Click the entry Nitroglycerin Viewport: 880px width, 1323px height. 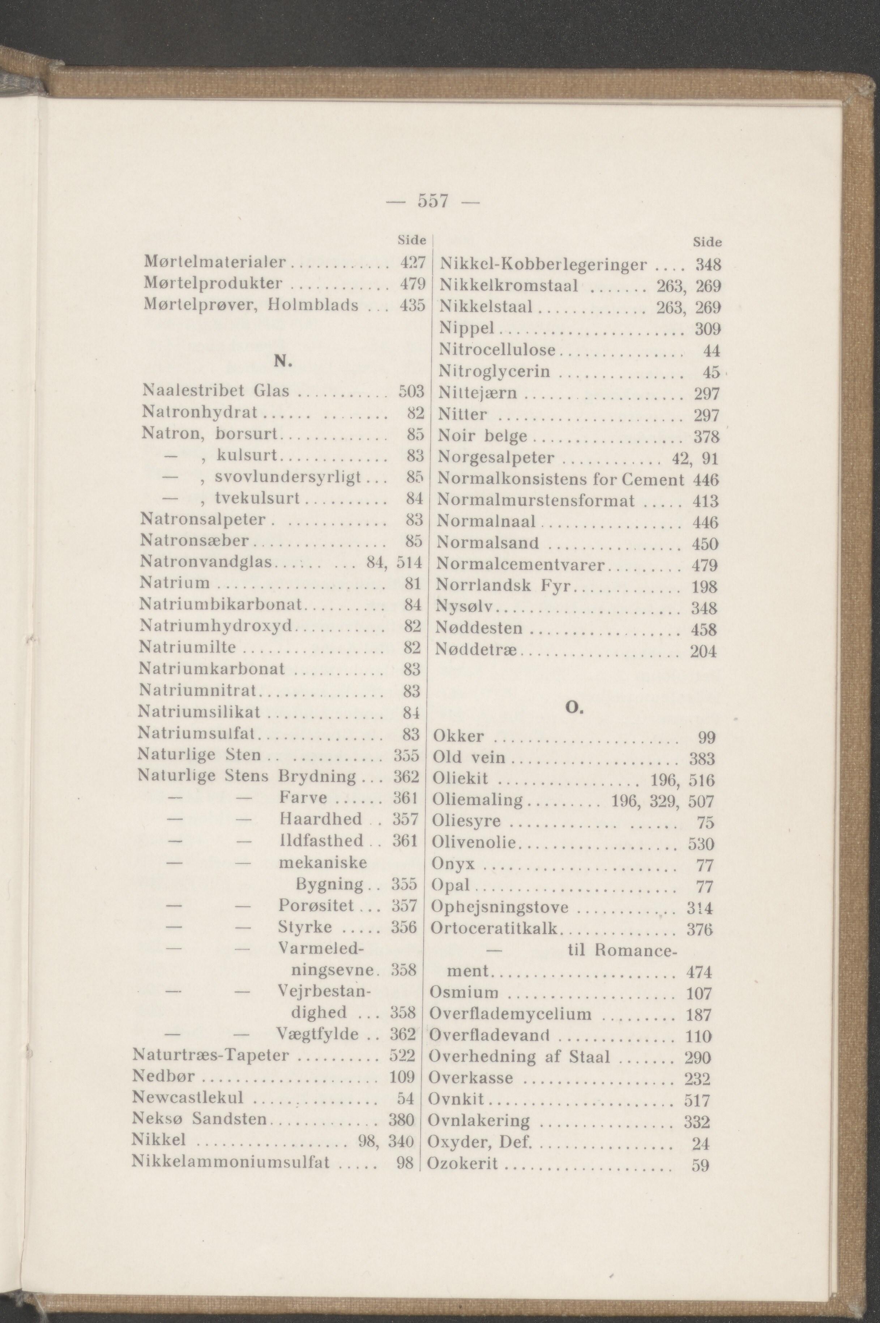494,372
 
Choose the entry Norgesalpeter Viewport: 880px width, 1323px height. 496,458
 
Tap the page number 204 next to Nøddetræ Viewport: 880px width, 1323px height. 704,651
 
